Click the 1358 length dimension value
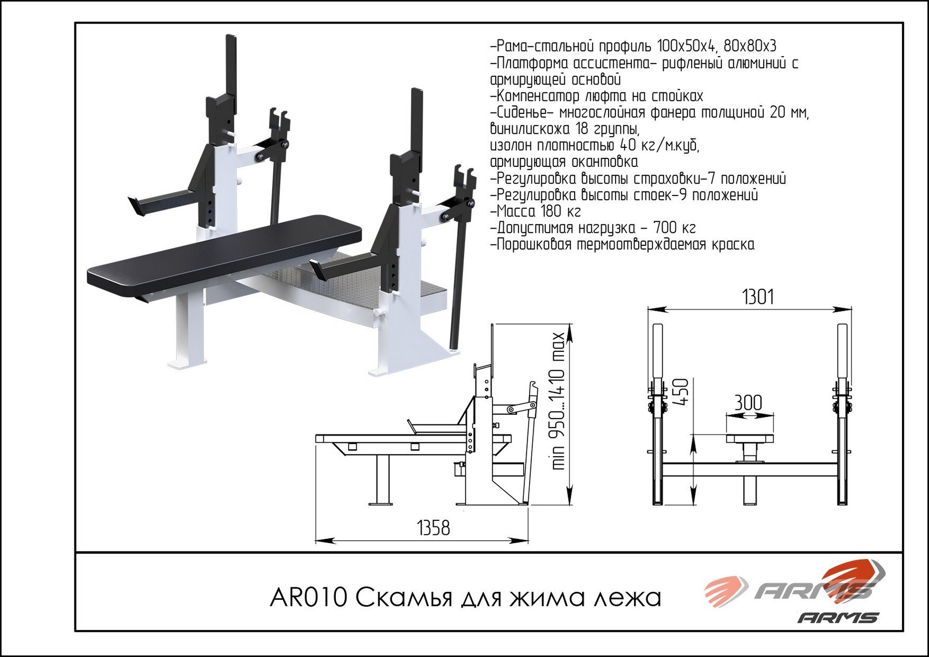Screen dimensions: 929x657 point(433,528)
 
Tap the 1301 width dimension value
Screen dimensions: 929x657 point(758,297)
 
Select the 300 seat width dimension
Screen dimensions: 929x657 point(748,402)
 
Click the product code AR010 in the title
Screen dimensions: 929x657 point(308,598)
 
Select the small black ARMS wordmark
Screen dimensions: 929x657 point(838,618)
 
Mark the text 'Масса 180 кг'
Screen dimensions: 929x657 point(536,211)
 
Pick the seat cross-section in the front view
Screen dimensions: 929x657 point(750,439)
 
